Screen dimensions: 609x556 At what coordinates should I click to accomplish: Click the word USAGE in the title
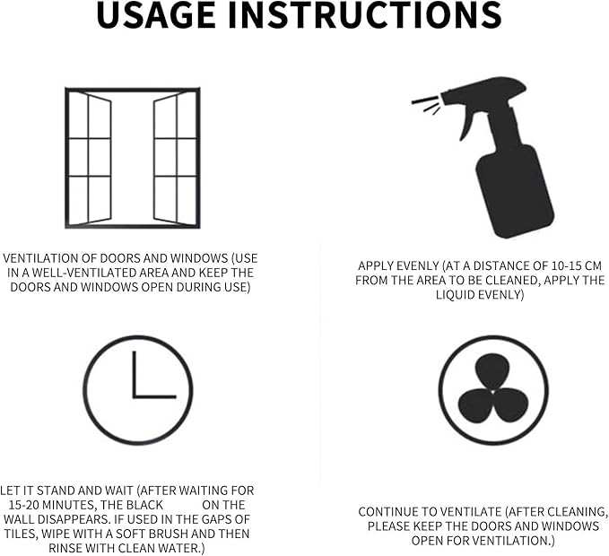(156, 14)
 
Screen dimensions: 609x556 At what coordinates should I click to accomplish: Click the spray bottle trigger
(467, 122)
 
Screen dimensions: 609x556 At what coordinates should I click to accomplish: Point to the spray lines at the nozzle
(426, 105)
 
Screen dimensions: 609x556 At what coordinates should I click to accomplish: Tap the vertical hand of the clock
(135, 374)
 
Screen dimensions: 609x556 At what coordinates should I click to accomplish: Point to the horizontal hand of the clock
(154, 396)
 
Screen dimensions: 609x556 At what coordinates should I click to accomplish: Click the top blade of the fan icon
(492, 371)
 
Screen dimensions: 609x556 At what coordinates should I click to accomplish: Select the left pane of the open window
(89, 158)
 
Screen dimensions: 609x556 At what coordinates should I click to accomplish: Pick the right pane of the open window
(176, 158)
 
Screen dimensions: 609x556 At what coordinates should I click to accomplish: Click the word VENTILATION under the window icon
(41, 258)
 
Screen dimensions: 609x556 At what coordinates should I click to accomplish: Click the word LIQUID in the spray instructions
(456, 295)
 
